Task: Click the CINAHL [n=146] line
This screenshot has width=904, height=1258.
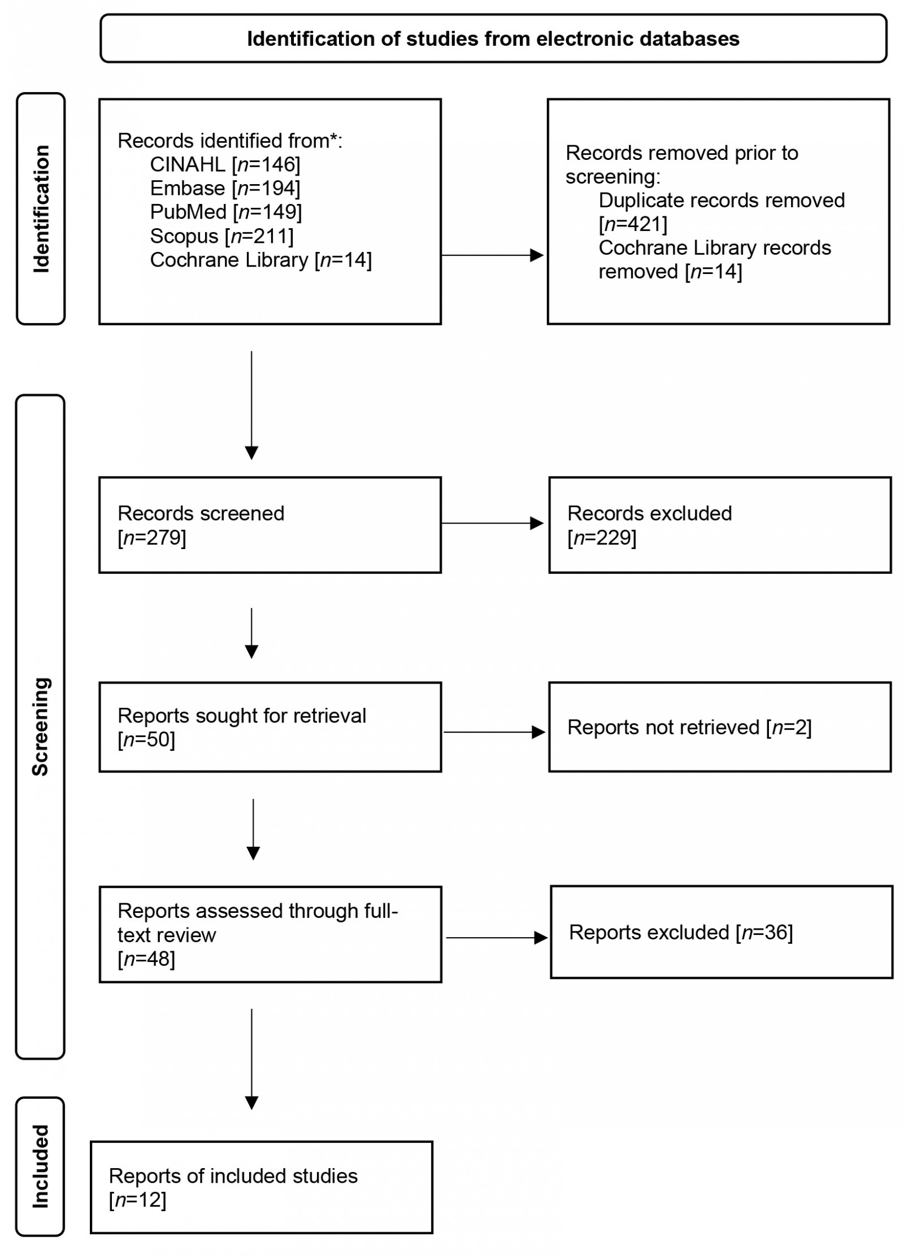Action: pos(225,164)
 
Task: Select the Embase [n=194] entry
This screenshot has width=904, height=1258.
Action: pos(225,188)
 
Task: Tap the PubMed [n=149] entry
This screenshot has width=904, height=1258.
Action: pos(225,212)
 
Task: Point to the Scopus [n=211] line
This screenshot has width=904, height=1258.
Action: pos(221,236)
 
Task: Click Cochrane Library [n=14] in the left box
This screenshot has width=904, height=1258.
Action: pos(260,260)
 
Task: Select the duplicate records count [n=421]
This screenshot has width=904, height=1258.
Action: pos(633,224)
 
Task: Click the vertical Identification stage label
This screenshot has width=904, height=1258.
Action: pos(41,209)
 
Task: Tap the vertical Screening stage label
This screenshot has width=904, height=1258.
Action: pos(41,726)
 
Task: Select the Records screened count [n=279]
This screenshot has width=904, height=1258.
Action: pos(151,537)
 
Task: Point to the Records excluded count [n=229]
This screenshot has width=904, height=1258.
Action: pos(602,537)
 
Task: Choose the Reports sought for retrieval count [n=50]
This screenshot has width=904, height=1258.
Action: pos(146,739)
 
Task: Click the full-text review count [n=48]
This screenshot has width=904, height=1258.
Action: pos(146,959)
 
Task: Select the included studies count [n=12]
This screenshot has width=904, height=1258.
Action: pos(137,1200)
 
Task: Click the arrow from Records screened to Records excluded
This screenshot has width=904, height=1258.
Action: pos(492,524)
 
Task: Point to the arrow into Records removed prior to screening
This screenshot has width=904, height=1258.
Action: pos(492,255)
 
